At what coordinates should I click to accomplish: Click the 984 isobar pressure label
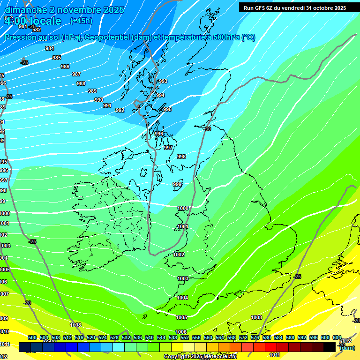coord(50,48)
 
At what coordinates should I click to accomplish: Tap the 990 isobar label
coord(99,100)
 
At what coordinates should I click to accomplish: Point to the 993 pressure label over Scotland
coord(163,81)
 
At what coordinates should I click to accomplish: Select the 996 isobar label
coord(159,134)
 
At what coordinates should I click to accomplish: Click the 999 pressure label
coord(177,184)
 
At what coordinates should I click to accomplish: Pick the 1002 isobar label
coord(179,255)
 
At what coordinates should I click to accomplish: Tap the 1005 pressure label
coord(182,317)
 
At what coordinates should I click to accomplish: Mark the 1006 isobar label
coord(181,332)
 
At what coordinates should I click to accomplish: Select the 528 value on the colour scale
coord(114,337)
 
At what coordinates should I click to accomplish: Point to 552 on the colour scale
coord(185,337)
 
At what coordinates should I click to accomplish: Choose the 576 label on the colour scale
coord(255,337)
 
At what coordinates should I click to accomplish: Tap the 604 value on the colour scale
coord(337,337)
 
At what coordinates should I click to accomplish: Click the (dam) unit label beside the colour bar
coord(347,348)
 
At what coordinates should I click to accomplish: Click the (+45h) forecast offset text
coord(81,21)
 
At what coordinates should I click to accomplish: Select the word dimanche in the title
coord(26,10)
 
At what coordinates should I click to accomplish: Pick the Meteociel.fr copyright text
coord(200,357)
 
